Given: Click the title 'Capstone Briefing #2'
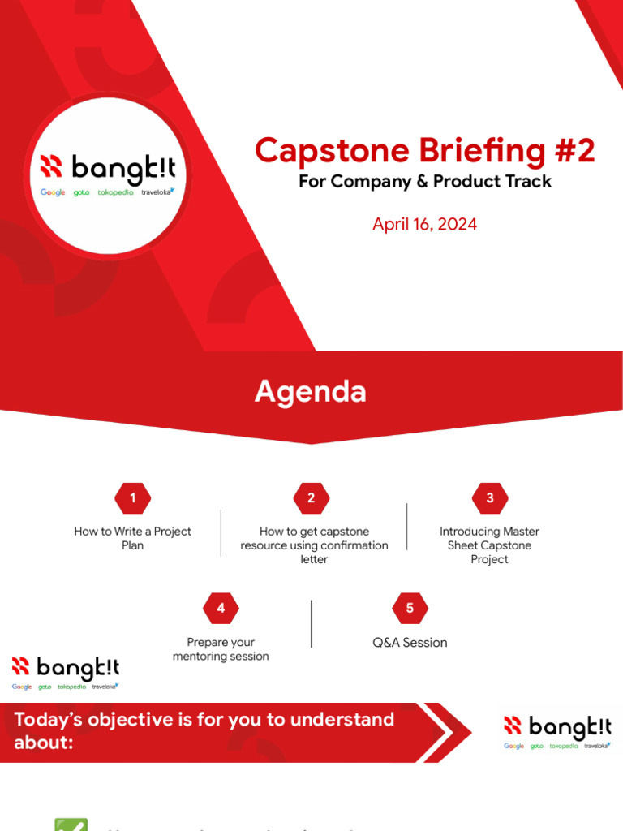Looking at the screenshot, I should (x=424, y=150).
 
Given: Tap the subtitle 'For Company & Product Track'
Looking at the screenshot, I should (x=424, y=181).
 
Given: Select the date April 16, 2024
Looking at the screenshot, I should (x=424, y=224).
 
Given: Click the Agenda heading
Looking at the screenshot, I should (x=310, y=392).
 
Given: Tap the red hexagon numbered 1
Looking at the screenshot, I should (x=132, y=498).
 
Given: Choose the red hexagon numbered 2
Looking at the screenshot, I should (x=311, y=498).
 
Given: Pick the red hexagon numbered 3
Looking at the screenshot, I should (x=489, y=498).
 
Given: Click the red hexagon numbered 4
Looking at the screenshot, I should (x=221, y=608).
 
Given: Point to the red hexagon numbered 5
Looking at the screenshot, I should (x=410, y=608).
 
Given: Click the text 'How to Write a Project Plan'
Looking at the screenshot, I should (x=132, y=538).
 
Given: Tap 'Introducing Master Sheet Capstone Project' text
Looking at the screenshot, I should (x=489, y=545).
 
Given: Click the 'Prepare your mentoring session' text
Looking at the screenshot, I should (x=221, y=649).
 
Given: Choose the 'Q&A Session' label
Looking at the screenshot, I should (x=410, y=643).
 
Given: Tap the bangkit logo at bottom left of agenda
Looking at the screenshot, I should (x=65, y=673).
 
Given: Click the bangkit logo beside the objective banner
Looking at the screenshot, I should (x=556, y=732).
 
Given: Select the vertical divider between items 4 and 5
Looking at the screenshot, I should (x=311, y=623).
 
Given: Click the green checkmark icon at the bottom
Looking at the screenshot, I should (x=71, y=823).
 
